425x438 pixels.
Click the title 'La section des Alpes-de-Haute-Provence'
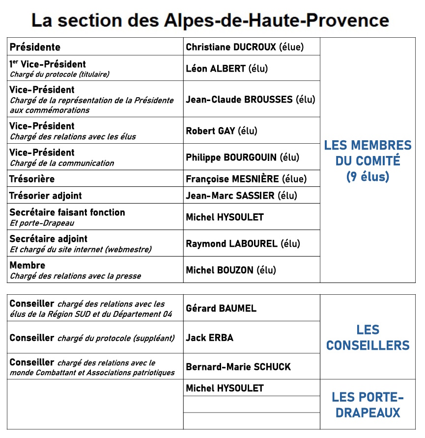click(210, 20)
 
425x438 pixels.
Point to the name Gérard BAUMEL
click(221, 309)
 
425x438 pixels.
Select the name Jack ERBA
click(209, 337)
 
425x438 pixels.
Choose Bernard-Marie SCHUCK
click(238, 367)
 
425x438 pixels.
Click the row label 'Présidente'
click(35, 47)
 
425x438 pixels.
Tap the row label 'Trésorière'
click(32, 179)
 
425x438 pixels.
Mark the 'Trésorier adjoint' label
click(46, 196)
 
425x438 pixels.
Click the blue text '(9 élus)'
click(368, 177)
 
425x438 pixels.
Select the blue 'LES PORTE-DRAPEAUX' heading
click(368, 405)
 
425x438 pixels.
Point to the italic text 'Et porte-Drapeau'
click(42, 223)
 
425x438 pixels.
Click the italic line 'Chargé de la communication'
click(62, 163)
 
